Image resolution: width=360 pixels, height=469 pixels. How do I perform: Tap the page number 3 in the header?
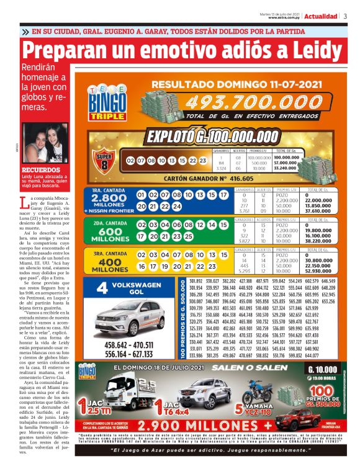click(345, 17)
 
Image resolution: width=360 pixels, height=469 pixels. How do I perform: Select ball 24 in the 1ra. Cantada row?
click(181, 207)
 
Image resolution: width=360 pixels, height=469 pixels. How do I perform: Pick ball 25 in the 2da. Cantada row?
click(181, 236)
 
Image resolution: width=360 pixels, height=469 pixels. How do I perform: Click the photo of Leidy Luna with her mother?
click(45, 143)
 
